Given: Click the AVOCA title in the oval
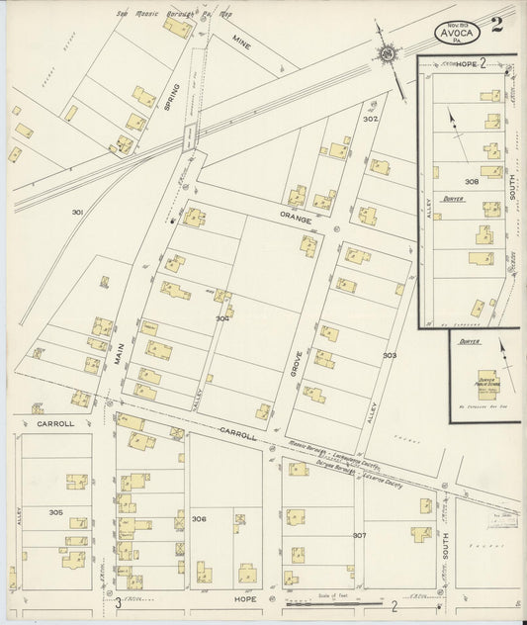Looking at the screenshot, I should tap(457, 33).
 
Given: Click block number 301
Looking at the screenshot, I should tap(78, 212).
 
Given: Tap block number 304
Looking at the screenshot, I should tap(223, 318).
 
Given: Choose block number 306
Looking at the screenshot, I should tap(200, 518).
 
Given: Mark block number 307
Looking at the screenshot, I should tap(359, 535).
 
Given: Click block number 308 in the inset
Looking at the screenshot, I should tap(472, 182).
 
